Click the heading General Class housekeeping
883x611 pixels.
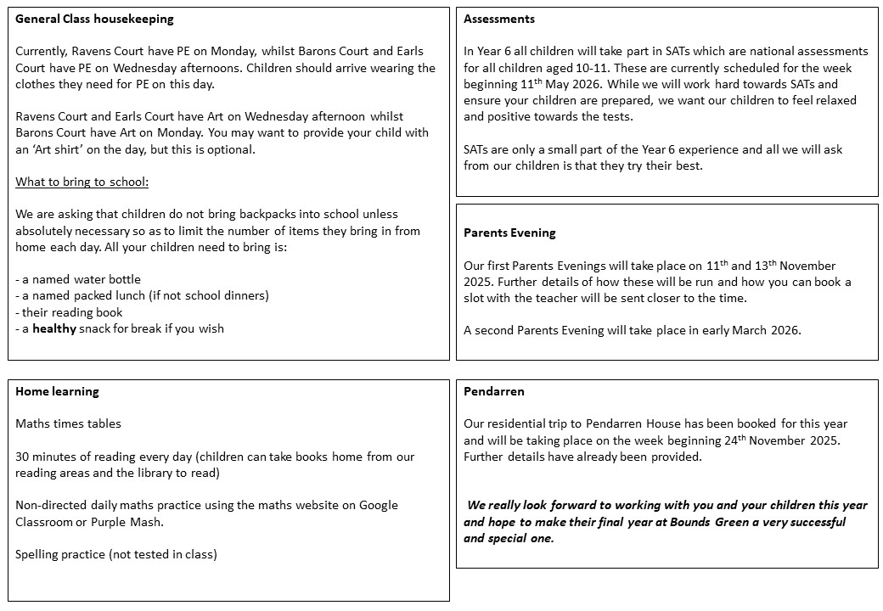(x=94, y=19)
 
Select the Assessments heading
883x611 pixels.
(x=499, y=19)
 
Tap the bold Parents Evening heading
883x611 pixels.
(x=509, y=233)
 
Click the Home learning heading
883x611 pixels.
(x=57, y=391)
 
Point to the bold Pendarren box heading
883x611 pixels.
(x=494, y=391)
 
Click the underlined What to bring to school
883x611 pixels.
(x=82, y=182)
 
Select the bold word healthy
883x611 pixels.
(x=54, y=328)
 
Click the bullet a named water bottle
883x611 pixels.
(x=78, y=279)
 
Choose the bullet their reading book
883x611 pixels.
(x=69, y=312)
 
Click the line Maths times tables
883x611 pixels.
(x=68, y=423)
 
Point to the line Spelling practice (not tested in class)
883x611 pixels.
(x=116, y=554)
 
